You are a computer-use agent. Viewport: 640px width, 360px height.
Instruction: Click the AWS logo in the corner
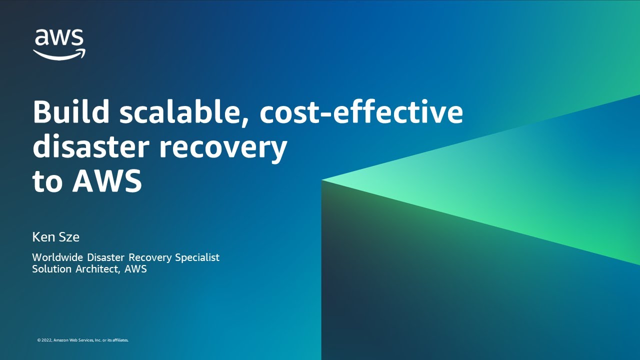tap(59, 44)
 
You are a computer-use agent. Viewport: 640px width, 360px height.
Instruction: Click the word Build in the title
tap(71, 111)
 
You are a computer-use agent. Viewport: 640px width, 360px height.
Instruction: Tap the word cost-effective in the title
tap(361, 111)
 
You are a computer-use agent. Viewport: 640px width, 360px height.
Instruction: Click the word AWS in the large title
tap(107, 181)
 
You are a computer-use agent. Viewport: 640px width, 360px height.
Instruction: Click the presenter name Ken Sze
tap(55, 237)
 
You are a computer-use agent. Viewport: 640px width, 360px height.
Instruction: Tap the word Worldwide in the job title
tap(57, 257)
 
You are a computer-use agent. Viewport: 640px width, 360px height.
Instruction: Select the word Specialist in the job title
tap(197, 257)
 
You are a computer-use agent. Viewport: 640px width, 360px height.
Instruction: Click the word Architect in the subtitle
tap(97, 269)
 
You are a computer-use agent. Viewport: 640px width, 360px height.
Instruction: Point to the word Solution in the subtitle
tap(51, 269)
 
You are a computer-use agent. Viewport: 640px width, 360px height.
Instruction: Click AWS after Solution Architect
tap(135, 269)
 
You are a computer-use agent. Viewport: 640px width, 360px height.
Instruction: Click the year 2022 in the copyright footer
tap(47, 340)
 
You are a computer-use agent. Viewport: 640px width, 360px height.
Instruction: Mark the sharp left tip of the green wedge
tap(321, 180)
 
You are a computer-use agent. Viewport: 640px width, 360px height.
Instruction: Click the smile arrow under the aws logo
tap(59, 54)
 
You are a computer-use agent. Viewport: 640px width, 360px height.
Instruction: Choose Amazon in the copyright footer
tap(59, 340)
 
